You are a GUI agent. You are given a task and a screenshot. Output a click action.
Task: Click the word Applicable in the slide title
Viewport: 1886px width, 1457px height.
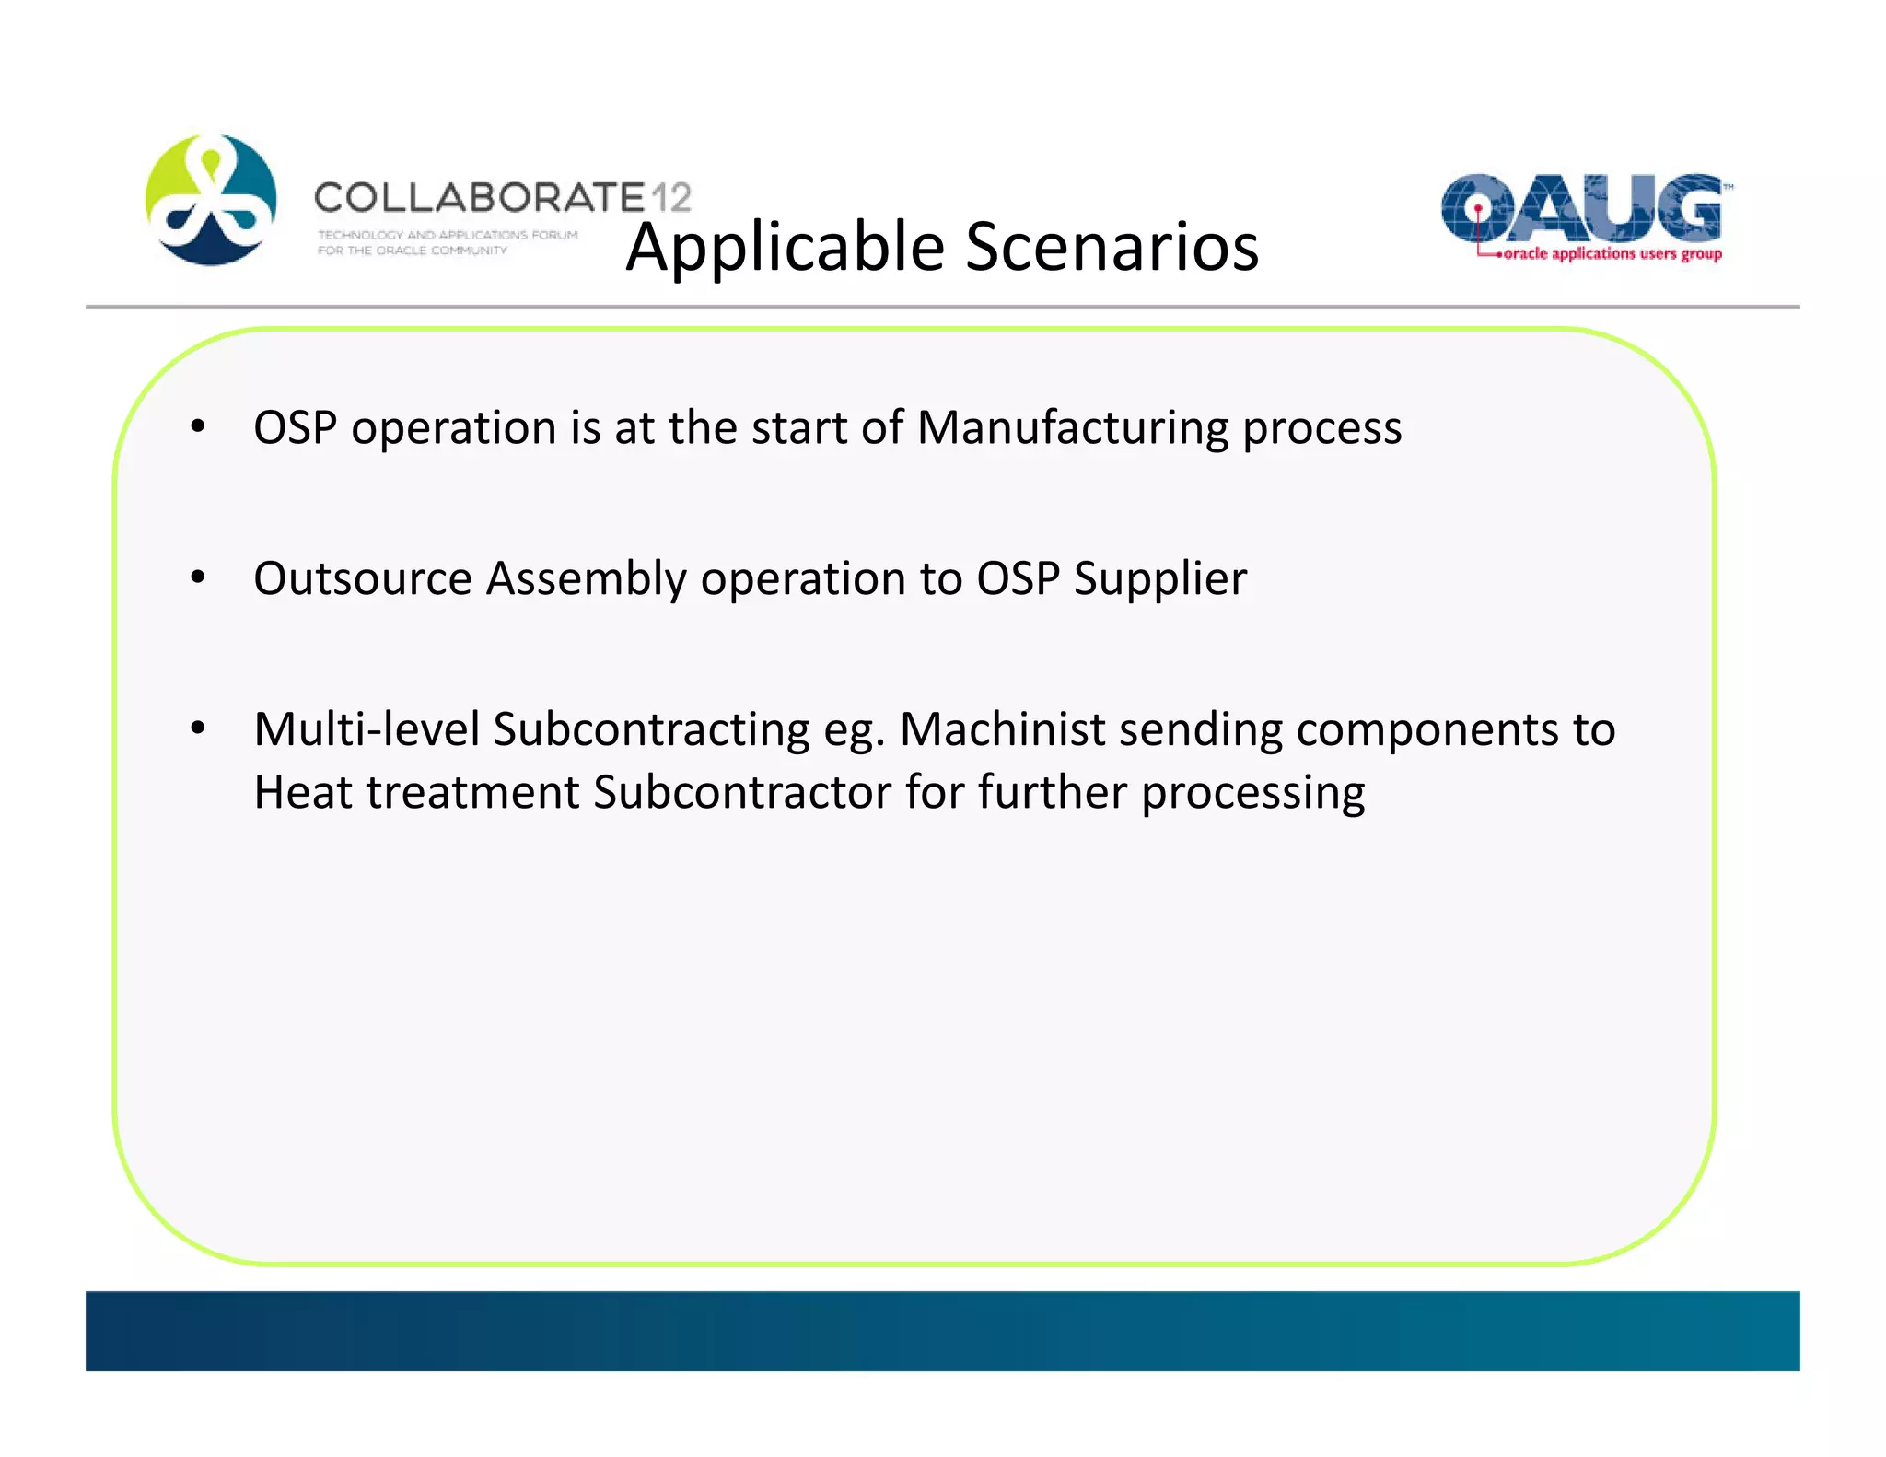(786, 247)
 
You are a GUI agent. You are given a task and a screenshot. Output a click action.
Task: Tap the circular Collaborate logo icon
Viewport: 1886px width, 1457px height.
(211, 200)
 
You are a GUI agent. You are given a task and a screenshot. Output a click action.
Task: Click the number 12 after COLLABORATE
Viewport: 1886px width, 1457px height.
(670, 197)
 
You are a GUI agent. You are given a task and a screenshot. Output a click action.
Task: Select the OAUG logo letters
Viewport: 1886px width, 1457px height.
(1581, 207)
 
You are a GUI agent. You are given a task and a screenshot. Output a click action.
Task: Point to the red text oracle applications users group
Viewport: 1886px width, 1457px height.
(1612, 253)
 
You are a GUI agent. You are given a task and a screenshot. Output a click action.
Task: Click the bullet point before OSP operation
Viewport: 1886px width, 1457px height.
(197, 427)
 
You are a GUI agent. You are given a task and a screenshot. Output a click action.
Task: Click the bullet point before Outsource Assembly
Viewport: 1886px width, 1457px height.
(197, 578)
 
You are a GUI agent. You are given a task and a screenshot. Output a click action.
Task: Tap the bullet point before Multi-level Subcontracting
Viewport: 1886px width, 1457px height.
(197, 729)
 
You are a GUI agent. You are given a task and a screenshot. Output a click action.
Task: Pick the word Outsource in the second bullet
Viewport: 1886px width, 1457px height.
(362, 578)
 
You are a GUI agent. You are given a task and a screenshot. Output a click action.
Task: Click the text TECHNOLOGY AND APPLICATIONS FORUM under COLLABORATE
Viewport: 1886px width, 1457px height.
(448, 235)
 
